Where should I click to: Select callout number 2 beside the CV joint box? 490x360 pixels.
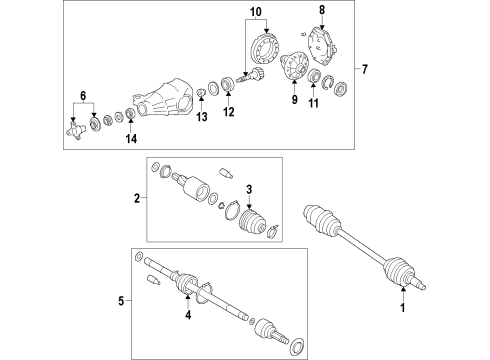pyautogui.click(x=138, y=200)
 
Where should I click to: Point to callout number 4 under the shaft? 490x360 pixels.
pyautogui.click(x=186, y=317)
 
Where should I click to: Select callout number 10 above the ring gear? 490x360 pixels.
pyautogui.click(x=253, y=13)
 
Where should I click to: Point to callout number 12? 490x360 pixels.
pyautogui.click(x=229, y=112)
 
